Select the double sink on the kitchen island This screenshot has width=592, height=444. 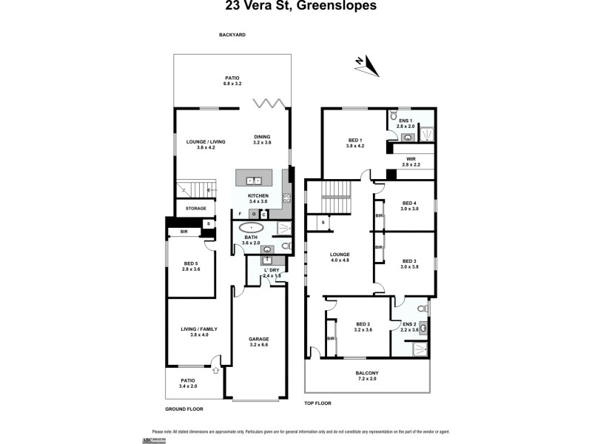click(x=253, y=180)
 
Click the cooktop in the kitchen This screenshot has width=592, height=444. click(x=286, y=198)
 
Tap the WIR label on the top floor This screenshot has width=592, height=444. click(x=410, y=162)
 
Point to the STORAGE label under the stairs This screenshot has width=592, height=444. click(x=196, y=209)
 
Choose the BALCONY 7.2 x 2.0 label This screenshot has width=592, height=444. click(x=367, y=375)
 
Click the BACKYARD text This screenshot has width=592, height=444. click(x=232, y=35)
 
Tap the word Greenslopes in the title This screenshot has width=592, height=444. click(x=334, y=6)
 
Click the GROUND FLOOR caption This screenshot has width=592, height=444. click(x=184, y=408)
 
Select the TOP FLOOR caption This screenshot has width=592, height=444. click(x=318, y=403)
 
